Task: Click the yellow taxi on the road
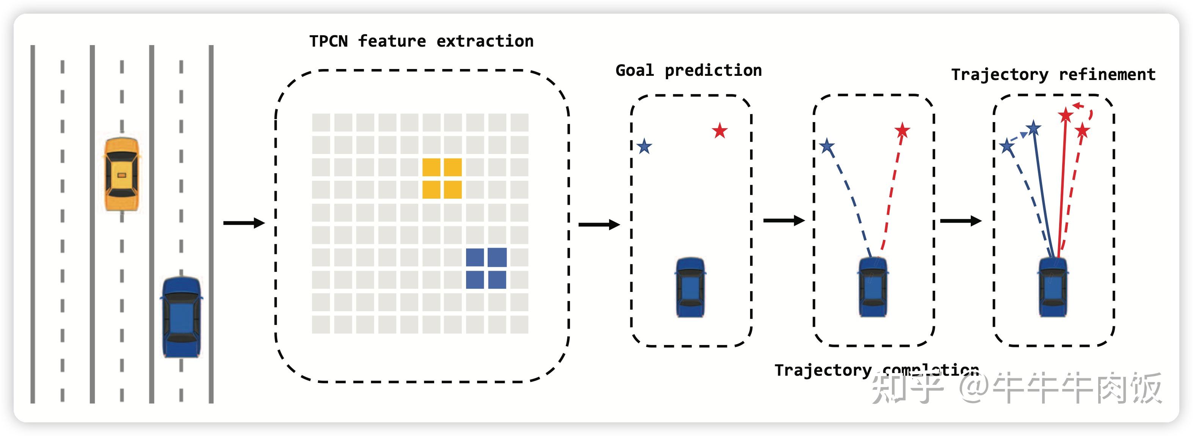point(121,174)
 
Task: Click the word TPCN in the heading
point(328,41)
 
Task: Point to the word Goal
point(634,71)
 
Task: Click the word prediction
point(713,71)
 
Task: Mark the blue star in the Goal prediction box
point(644,147)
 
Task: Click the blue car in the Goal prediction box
point(690,287)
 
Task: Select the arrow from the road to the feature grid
point(243,223)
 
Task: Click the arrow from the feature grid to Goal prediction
point(599,225)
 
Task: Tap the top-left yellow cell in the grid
point(431,167)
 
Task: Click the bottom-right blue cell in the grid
point(497,279)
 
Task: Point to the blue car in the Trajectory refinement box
point(1053,287)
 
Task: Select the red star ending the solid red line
point(1066,115)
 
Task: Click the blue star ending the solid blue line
point(1034,128)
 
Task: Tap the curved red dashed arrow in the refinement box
point(1086,110)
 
